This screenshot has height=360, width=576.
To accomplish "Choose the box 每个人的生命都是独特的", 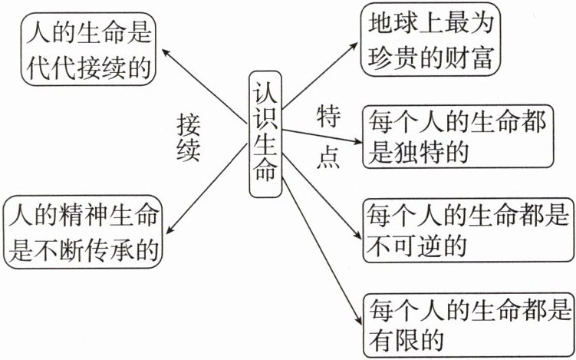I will click(x=458, y=137).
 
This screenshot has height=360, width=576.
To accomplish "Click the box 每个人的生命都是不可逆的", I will click(x=468, y=228).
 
